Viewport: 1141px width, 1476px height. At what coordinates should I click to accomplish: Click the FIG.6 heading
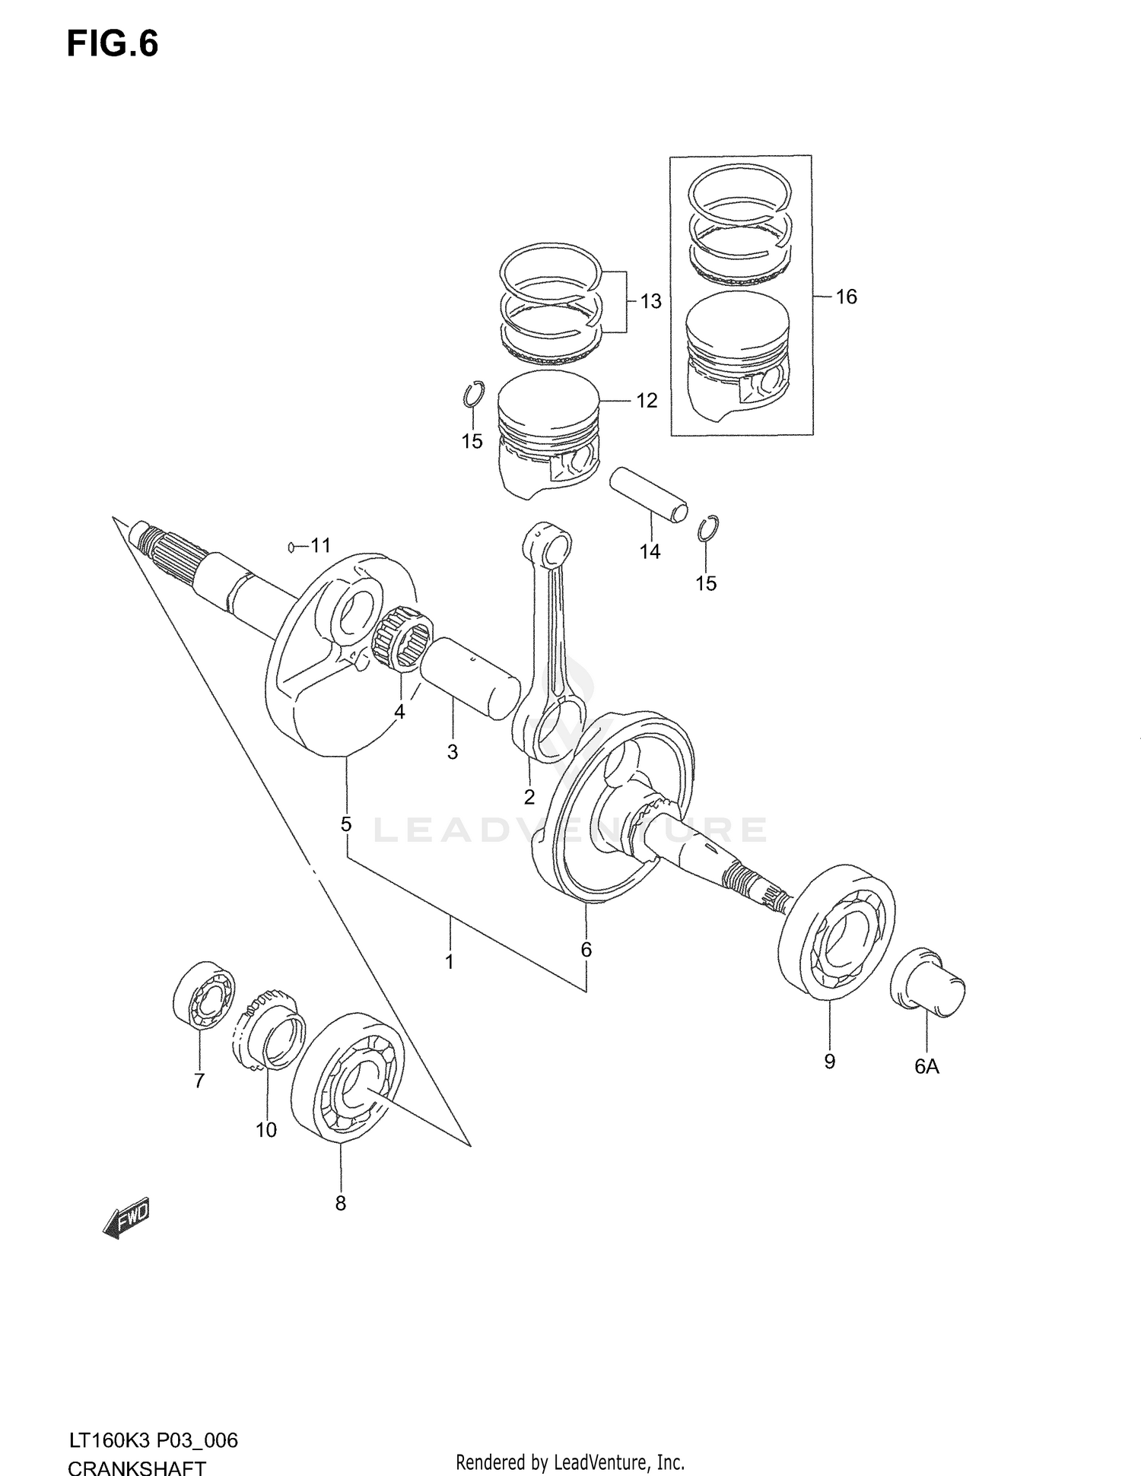113,43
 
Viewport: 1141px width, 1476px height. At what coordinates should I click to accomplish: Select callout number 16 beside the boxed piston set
846,297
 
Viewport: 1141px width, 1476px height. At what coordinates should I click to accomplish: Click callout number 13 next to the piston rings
650,302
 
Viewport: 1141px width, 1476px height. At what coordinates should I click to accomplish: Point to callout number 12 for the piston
646,400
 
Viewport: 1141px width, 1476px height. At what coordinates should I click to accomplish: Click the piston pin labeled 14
649,495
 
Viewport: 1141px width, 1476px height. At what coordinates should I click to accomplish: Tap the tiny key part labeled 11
291,546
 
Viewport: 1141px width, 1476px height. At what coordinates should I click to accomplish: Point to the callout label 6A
926,1067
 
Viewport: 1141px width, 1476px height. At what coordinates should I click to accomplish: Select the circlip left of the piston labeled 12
472,393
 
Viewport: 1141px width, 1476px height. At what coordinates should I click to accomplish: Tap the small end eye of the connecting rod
548,544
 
